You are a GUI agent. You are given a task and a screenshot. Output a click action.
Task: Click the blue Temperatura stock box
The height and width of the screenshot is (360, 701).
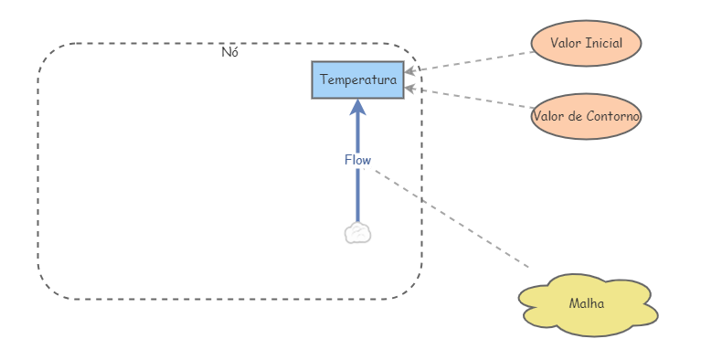pyautogui.click(x=357, y=80)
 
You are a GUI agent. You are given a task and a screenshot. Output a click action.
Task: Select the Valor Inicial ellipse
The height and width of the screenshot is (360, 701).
pyautogui.click(x=586, y=43)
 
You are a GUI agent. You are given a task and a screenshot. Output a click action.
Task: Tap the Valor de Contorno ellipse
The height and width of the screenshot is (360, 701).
pyautogui.click(x=586, y=116)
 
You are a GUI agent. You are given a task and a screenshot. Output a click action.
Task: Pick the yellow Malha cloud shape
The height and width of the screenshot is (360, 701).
pyautogui.click(x=586, y=304)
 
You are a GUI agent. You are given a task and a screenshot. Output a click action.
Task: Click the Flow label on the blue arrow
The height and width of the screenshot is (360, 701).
pyautogui.click(x=357, y=160)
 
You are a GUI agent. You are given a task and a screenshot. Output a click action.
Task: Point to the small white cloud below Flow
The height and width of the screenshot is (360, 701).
pyautogui.click(x=357, y=234)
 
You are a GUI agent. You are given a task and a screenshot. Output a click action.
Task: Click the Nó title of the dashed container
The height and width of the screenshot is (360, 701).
pyautogui.click(x=230, y=52)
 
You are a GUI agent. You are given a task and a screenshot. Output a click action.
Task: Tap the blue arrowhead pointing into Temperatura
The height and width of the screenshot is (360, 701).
pyautogui.click(x=357, y=107)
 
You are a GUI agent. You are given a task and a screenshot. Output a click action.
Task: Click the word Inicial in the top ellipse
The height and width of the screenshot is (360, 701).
pyautogui.click(x=603, y=43)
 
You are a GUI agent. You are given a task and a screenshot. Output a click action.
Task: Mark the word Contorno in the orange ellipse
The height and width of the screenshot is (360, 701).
pyautogui.click(x=612, y=116)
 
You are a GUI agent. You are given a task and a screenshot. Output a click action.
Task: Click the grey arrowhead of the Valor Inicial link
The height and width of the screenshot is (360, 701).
pyautogui.click(x=411, y=70)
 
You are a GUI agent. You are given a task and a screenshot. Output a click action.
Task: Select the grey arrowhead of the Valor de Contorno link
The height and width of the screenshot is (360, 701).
pyautogui.click(x=411, y=88)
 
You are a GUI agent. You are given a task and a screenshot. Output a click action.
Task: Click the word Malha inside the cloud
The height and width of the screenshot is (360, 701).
pyautogui.click(x=586, y=304)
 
